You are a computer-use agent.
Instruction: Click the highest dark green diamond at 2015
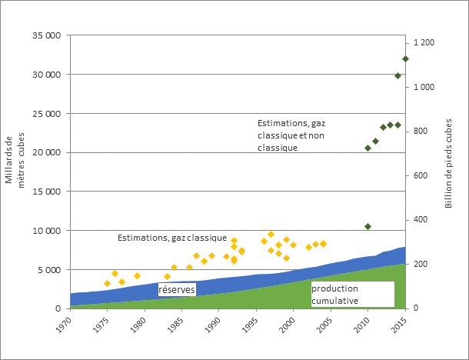click(405, 58)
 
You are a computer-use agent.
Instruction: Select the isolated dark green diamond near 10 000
click(368, 227)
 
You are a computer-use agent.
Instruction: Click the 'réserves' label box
click(177, 289)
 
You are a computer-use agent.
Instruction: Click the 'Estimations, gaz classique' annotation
click(171, 238)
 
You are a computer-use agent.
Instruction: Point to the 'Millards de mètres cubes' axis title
click(15, 160)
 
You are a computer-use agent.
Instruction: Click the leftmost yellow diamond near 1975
click(108, 284)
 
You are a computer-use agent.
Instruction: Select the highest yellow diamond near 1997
click(271, 234)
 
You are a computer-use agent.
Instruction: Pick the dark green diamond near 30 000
click(397, 75)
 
